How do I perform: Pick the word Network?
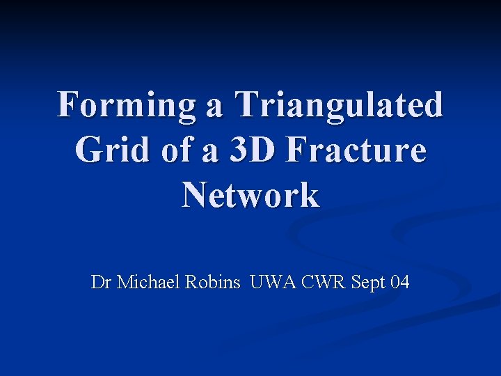pyautogui.click(x=250, y=195)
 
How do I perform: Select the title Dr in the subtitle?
pyautogui.click(x=102, y=282)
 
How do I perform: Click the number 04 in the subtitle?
pyautogui.click(x=400, y=282)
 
